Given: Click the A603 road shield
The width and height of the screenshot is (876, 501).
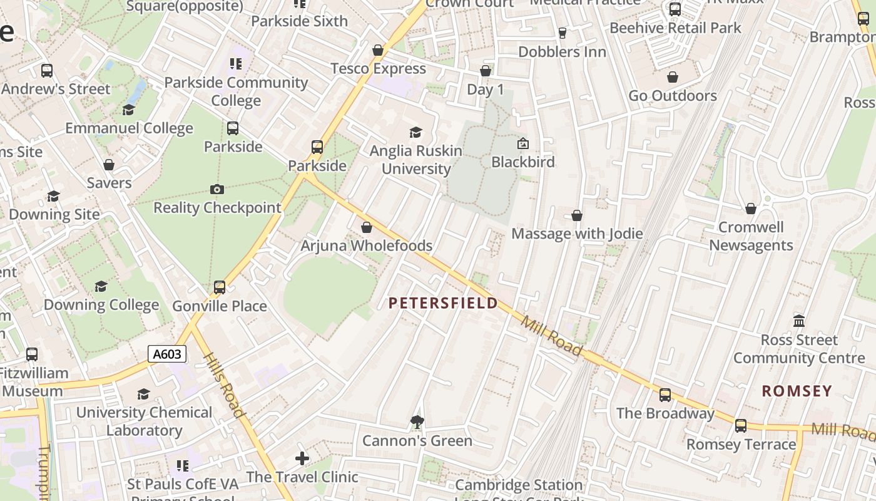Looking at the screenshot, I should coord(167,354).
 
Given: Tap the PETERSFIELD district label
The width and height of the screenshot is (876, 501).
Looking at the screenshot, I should coord(443,304).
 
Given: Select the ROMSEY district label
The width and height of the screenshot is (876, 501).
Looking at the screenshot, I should coord(797,391).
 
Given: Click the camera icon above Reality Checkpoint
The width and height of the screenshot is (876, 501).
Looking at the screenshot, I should coord(217,189).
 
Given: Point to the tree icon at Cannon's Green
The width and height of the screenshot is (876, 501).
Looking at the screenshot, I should coord(417,422).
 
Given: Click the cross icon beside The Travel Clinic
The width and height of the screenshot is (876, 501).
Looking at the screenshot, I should coord(302,459).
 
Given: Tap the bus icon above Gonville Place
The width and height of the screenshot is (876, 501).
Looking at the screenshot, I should coord(220,287).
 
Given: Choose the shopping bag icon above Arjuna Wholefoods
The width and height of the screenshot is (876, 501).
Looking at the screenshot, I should coord(367,227).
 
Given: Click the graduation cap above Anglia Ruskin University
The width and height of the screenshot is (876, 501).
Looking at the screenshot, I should coord(415,132).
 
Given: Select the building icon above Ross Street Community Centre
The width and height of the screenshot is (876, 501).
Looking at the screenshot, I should coord(799,321).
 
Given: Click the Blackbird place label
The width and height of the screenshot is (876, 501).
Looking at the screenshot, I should coord(523,162).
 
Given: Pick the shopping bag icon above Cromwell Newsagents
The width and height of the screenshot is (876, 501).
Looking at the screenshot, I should coord(751,209).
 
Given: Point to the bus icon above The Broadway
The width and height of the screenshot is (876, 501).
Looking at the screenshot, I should coord(665,395).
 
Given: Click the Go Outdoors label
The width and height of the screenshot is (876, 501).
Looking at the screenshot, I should coord(673,96).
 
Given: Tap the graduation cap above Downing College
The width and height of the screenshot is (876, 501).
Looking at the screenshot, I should coord(101,287).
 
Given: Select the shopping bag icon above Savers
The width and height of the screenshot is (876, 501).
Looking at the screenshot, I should coord(109,165).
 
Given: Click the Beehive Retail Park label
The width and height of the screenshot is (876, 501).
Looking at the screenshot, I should coord(675,28).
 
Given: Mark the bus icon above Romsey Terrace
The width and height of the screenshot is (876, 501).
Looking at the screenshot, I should coord(741,426).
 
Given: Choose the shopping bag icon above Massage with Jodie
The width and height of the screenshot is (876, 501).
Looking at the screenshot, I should coord(577,215).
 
